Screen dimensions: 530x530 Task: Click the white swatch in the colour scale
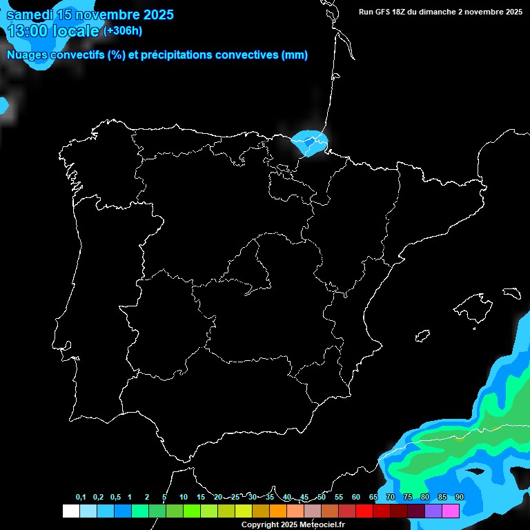(70, 511)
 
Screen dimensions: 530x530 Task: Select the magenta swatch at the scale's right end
(451, 511)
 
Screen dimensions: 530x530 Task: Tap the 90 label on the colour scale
(460, 497)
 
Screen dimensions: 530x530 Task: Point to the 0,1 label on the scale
(81, 497)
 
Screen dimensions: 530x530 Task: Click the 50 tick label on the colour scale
(322, 497)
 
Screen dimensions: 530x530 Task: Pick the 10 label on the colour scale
(184, 497)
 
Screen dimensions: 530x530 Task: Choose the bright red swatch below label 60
(364, 511)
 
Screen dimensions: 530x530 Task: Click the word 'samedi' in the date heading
(30, 14)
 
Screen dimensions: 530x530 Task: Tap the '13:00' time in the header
(28, 31)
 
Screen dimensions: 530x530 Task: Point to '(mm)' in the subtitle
(295, 55)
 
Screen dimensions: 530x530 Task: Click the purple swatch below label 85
(433, 511)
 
